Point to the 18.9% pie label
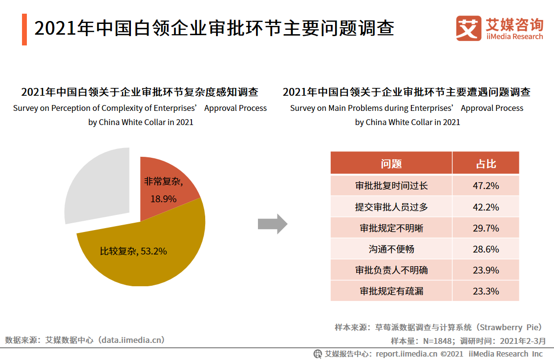163,199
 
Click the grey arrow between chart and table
272,224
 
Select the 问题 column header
391,164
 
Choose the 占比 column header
486,164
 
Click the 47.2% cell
486,186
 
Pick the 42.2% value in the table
486,207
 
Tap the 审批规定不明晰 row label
391,228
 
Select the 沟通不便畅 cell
391,249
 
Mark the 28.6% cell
486,249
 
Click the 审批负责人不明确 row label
391,270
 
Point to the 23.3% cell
486,291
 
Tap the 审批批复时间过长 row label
391,186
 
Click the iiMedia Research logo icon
468,29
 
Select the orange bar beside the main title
24,29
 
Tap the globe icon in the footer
318,354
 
